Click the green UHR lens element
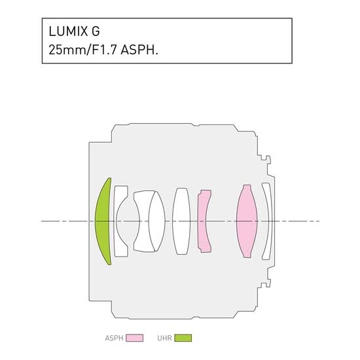102,221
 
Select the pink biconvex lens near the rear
247,221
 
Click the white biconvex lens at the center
181,221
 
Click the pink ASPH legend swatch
135,338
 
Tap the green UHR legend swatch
183,338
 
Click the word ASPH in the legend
114,338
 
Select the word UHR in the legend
164,338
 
